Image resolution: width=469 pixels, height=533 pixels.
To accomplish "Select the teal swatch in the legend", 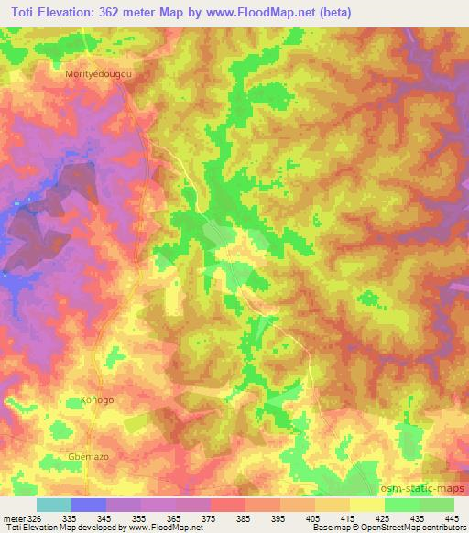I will pos(54,505).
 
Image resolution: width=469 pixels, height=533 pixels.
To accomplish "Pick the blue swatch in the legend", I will pos(89,505).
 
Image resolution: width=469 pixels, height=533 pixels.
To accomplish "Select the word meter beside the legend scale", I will pos(11,517).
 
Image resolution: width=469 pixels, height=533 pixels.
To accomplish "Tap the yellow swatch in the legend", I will pos(366,505).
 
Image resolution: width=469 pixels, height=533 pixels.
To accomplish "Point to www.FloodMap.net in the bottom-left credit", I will pos(171,528).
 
